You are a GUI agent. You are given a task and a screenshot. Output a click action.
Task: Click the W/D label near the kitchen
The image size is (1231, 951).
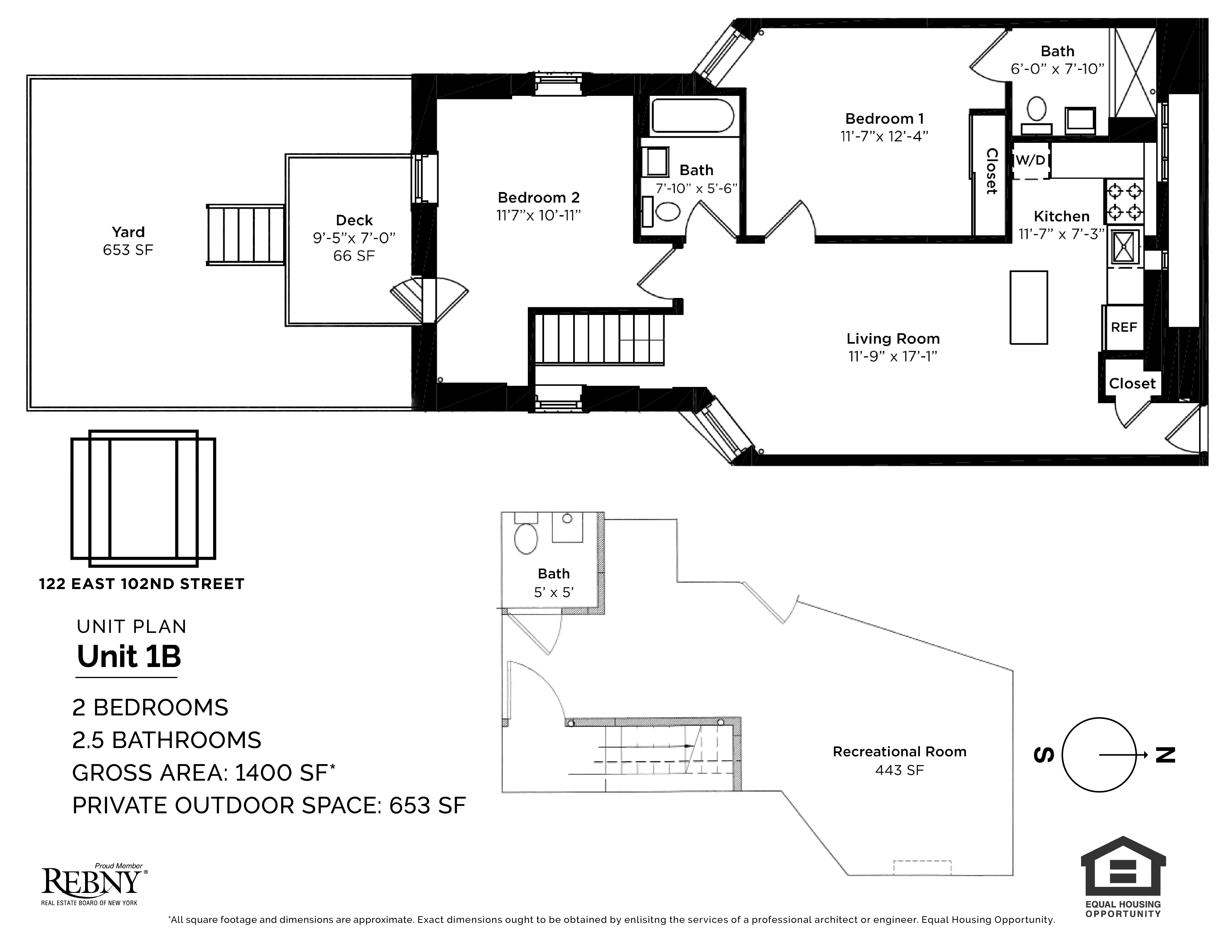(1030, 160)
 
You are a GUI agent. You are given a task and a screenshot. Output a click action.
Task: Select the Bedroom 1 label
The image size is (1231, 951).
(884, 119)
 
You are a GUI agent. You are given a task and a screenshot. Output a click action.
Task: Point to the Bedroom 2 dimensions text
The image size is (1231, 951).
(538, 216)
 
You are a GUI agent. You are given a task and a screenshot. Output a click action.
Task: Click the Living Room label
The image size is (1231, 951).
(893, 339)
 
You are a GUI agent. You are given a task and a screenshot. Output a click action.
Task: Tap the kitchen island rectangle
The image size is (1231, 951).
(1029, 307)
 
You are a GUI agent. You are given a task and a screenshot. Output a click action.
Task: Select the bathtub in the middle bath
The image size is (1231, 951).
(692, 116)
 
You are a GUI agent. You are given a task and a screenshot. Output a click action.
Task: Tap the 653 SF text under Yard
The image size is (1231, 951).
(128, 250)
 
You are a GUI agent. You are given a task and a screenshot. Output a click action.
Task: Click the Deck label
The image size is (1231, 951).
(354, 220)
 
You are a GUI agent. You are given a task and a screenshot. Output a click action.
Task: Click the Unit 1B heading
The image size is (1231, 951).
(129, 656)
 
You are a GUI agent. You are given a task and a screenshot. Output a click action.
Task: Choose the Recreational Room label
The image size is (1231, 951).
(900, 751)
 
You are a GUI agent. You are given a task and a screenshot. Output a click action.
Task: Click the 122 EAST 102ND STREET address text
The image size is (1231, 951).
(142, 584)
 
